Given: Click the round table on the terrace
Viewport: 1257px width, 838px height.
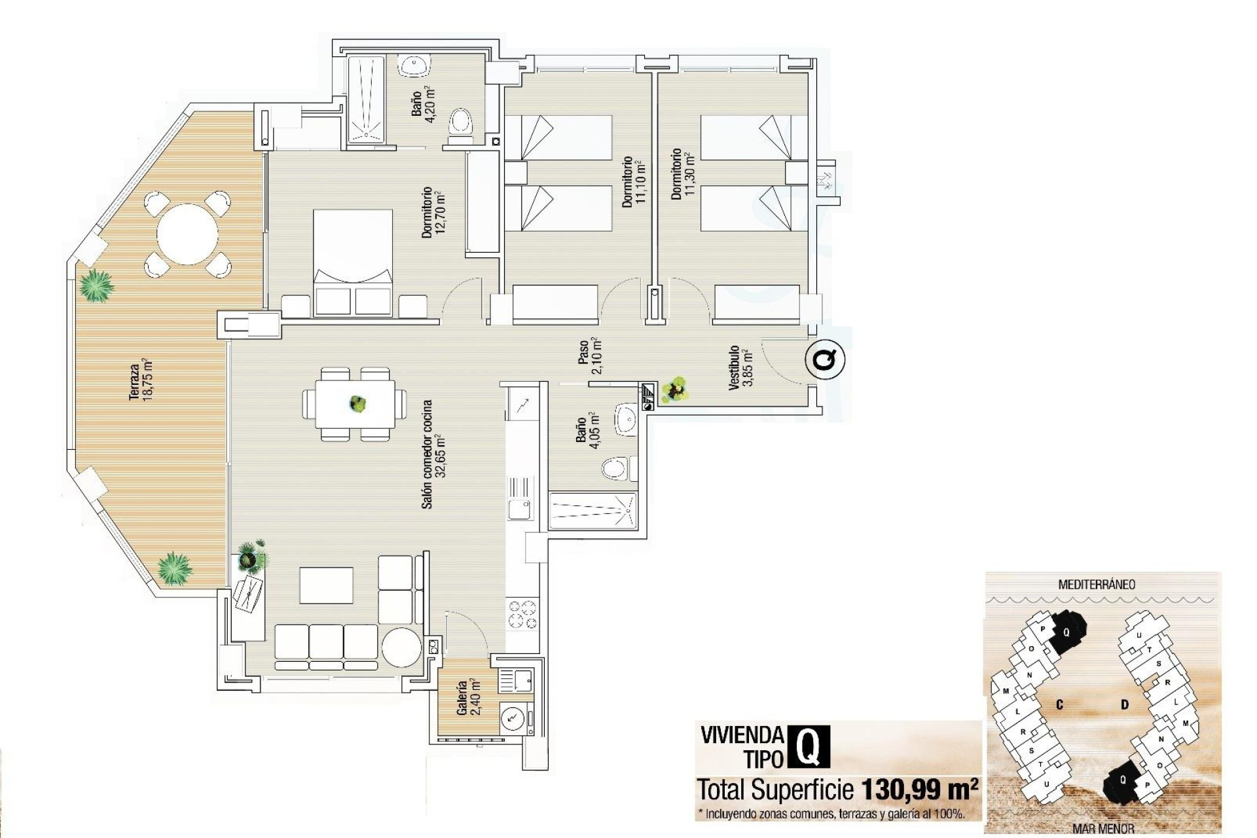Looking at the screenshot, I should pyautogui.click(x=187, y=234).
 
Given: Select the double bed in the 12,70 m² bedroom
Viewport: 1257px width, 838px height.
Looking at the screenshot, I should pyautogui.click(x=353, y=262).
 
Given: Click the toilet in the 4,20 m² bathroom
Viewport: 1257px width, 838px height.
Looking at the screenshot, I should pyautogui.click(x=461, y=123).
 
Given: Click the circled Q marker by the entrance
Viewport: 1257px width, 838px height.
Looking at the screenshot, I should pyautogui.click(x=825, y=359).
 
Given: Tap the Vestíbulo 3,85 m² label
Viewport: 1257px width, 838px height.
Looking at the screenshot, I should pyautogui.click(x=740, y=367).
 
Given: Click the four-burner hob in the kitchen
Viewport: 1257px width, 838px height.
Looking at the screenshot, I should pyautogui.click(x=522, y=615).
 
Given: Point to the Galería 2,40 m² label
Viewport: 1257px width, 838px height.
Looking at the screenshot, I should pyautogui.click(x=469, y=697).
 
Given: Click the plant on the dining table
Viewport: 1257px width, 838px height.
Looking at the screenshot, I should pyautogui.click(x=357, y=403).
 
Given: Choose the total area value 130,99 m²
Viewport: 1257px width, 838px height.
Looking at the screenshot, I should pyautogui.click(x=920, y=790).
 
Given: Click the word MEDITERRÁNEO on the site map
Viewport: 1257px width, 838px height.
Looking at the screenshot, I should pyautogui.click(x=1097, y=585).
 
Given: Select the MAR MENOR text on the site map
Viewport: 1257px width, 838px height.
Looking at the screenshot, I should pyautogui.click(x=1103, y=829).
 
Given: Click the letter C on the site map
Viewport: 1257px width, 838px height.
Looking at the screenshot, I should pyautogui.click(x=1059, y=704).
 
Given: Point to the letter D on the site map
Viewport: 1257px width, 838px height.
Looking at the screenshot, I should pyautogui.click(x=1125, y=704).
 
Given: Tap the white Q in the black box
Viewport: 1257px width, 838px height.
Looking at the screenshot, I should pyautogui.click(x=809, y=747).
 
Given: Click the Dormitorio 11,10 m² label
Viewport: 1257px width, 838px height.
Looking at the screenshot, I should pyautogui.click(x=634, y=182).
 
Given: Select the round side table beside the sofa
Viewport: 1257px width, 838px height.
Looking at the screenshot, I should pyautogui.click(x=401, y=647).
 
